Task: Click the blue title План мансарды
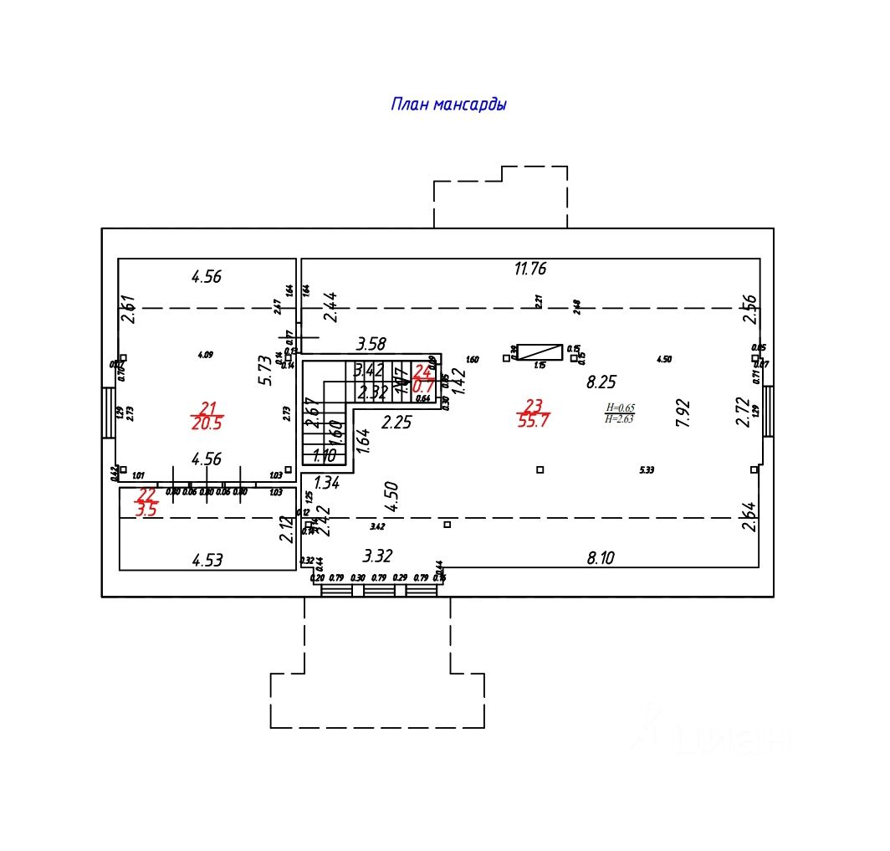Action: point(448,105)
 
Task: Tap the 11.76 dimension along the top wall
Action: point(530,269)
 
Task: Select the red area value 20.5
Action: point(207,423)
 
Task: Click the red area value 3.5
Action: point(146,510)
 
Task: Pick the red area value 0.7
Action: point(423,387)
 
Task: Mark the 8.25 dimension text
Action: point(601,382)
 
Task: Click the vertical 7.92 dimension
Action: point(683,413)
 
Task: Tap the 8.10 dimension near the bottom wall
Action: point(601,557)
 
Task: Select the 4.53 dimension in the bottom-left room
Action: point(207,561)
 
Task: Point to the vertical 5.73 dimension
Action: point(265,369)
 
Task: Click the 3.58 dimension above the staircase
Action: point(371,344)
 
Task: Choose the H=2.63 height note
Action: point(619,419)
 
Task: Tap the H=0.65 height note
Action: point(619,408)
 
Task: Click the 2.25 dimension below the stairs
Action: point(396,423)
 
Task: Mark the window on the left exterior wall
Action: point(109,412)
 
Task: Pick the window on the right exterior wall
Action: point(768,411)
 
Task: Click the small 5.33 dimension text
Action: point(646,470)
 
